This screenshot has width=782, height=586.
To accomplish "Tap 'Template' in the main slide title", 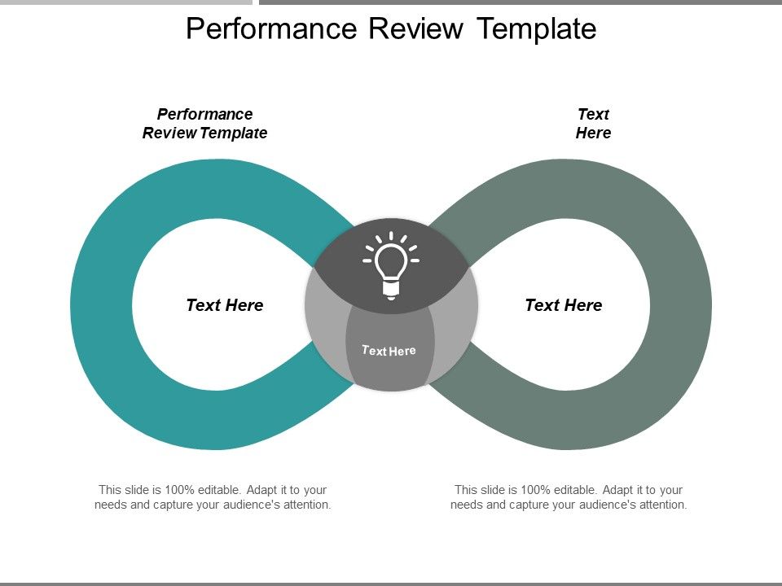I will (536, 29).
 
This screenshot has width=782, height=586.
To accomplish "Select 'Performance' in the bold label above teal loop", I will (205, 114).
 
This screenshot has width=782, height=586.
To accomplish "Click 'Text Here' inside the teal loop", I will (225, 305).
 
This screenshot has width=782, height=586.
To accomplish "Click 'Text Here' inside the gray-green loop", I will (564, 305).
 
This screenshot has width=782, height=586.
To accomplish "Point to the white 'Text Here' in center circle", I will (389, 351).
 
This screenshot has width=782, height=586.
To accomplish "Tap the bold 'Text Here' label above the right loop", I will (593, 124).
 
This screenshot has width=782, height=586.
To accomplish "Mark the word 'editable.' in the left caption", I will (218, 490).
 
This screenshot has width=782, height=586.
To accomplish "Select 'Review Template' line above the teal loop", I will (205, 133).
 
